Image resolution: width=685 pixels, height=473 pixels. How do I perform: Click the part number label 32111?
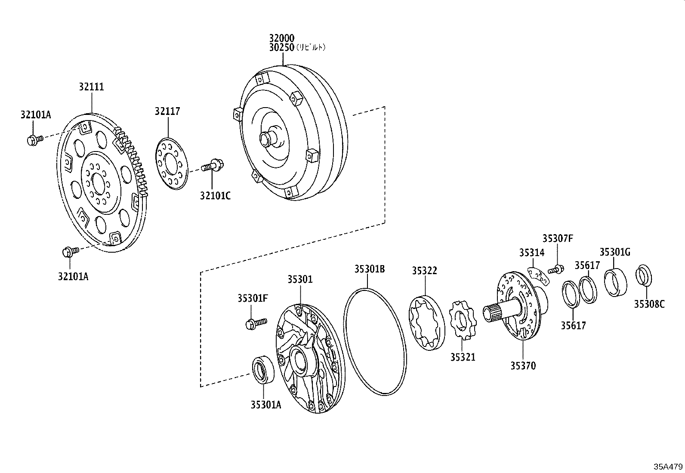pyautogui.click(x=91, y=87)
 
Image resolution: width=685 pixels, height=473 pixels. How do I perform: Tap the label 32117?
pyautogui.click(x=167, y=111)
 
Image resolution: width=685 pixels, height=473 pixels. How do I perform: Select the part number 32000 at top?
pyautogui.click(x=282, y=38)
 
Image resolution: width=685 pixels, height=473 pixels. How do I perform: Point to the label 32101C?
pyautogui.click(x=215, y=196)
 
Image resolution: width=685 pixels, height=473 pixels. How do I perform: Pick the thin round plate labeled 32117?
pyautogui.click(x=171, y=163)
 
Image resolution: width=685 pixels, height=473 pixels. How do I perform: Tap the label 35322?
pyautogui.click(x=424, y=271)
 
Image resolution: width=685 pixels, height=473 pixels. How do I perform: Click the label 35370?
pyautogui.click(x=523, y=366)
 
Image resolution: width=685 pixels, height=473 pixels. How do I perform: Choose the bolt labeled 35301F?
pyautogui.click(x=256, y=323)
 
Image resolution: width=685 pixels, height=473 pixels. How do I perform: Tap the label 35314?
pyautogui.click(x=531, y=253)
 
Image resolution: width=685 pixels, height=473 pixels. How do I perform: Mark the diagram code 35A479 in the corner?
pyautogui.click(x=668, y=466)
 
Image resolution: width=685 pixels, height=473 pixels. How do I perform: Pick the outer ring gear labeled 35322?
pyautogui.click(x=424, y=322)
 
